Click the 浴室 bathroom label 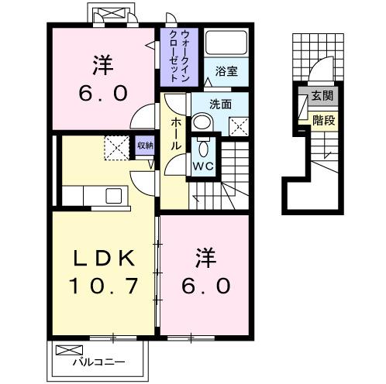pos(226,70)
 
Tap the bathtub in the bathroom pos(226,44)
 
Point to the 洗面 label pos(221,103)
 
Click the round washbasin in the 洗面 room pos(202,120)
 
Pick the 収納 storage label pos(144,144)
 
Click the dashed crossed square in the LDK pos(117,146)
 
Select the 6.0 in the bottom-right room pos(205,286)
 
